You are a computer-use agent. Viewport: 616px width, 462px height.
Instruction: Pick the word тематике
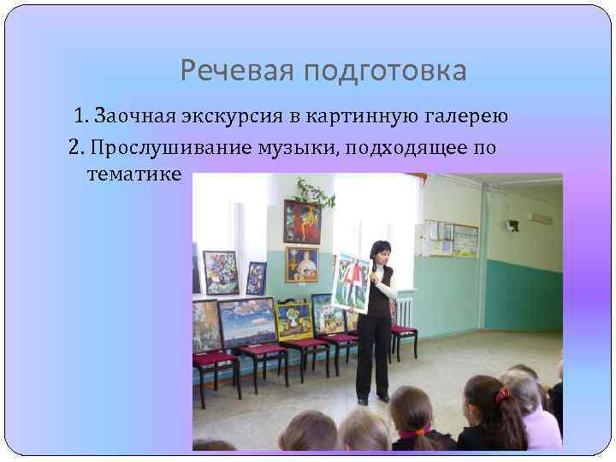tap(134, 174)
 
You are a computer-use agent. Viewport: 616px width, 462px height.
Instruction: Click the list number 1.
tap(80, 115)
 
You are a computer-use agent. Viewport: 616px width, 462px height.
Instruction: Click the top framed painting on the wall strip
tap(302, 222)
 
